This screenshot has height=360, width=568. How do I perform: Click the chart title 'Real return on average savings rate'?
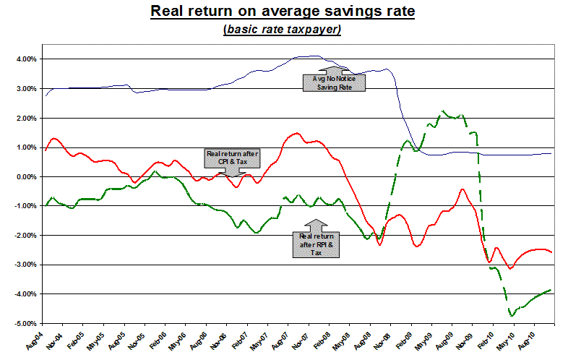[284, 12]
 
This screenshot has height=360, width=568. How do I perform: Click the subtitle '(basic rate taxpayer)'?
[284, 29]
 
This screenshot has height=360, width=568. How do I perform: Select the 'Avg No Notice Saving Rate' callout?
[334, 82]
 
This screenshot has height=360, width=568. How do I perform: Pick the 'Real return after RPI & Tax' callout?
[317, 240]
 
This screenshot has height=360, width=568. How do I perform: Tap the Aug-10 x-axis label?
[533, 340]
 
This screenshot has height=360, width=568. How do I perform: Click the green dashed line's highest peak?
[444, 111]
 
